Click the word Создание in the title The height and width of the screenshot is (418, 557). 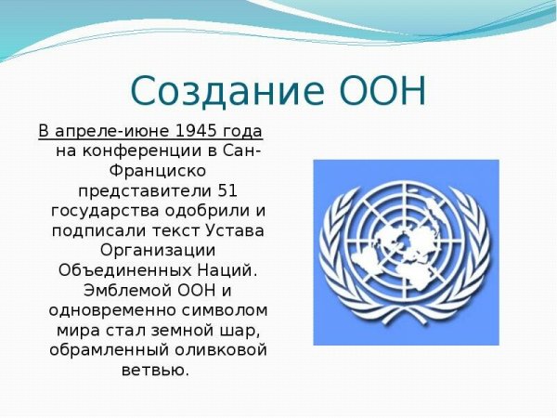223,92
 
